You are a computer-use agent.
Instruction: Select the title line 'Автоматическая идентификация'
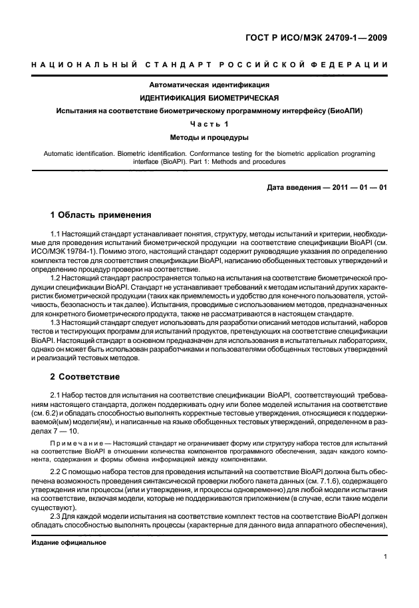[209, 85]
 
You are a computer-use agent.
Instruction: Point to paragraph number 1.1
[56, 234]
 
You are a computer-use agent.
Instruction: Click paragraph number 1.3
[56, 322]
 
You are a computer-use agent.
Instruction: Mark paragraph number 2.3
[56, 516]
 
